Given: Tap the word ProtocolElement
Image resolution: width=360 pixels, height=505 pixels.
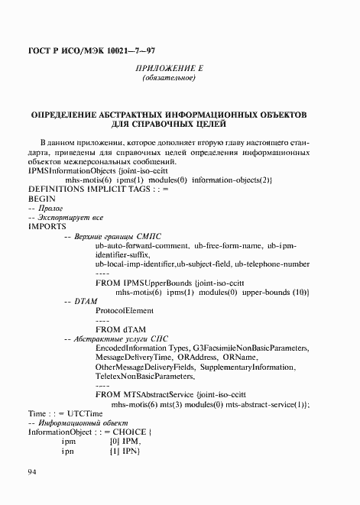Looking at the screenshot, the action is (125, 311).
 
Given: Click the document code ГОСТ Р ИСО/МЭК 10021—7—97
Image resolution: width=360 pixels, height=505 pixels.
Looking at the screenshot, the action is (86, 51).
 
